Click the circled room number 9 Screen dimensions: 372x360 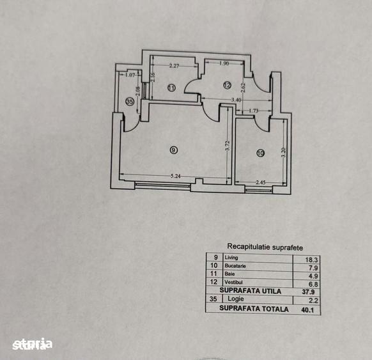point(174,150)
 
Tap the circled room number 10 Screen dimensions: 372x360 point(260,153)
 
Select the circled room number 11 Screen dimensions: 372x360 point(171,88)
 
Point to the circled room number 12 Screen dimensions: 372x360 point(227,85)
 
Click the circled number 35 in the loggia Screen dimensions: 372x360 point(130,102)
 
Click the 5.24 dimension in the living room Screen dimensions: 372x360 point(176,176)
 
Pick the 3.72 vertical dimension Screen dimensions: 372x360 point(228,146)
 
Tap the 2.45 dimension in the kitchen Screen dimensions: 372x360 point(261,182)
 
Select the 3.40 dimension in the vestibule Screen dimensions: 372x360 point(236,100)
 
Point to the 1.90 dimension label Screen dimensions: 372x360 point(224,63)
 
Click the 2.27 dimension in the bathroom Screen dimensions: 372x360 point(174,66)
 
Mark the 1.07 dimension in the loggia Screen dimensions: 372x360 point(130,75)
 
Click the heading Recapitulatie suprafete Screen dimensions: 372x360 point(265,247)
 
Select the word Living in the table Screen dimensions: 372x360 point(231,258)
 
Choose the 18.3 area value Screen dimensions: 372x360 point(311,260)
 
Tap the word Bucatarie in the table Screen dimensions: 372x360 point(235,266)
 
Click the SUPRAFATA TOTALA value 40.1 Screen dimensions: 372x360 point(307,309)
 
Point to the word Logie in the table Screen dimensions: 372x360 point(236,299)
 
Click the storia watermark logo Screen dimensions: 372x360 point(32,344)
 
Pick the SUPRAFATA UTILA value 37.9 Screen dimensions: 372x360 point(308,292)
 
